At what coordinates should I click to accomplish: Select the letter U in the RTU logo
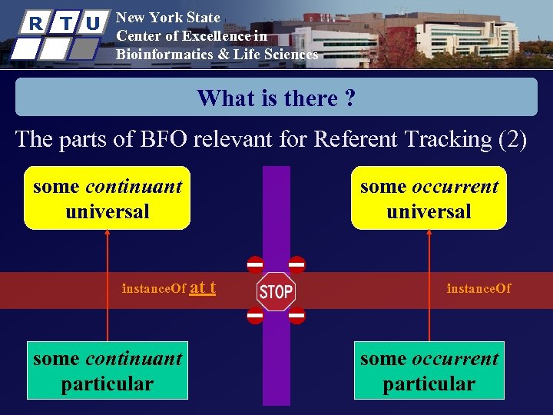[x=92, y=23]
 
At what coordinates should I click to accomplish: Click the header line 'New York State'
[x=167, y=17]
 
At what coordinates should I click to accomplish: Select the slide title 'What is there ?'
[x=276, y=98]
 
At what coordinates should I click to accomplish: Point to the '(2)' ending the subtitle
[x=512, y=139]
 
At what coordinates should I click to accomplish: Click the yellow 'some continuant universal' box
[x=107, y=198]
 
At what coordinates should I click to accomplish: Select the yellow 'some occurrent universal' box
[x=429, y=198]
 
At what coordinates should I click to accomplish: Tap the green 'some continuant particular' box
[x=107, y=370]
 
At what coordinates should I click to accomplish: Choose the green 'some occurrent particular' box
[x=429, y=370]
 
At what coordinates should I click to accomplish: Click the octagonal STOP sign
[x=276, y=291]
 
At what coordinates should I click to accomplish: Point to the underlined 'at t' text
[x=202, y=288]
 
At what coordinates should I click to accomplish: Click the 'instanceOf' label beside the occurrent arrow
[x=478, y=289]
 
